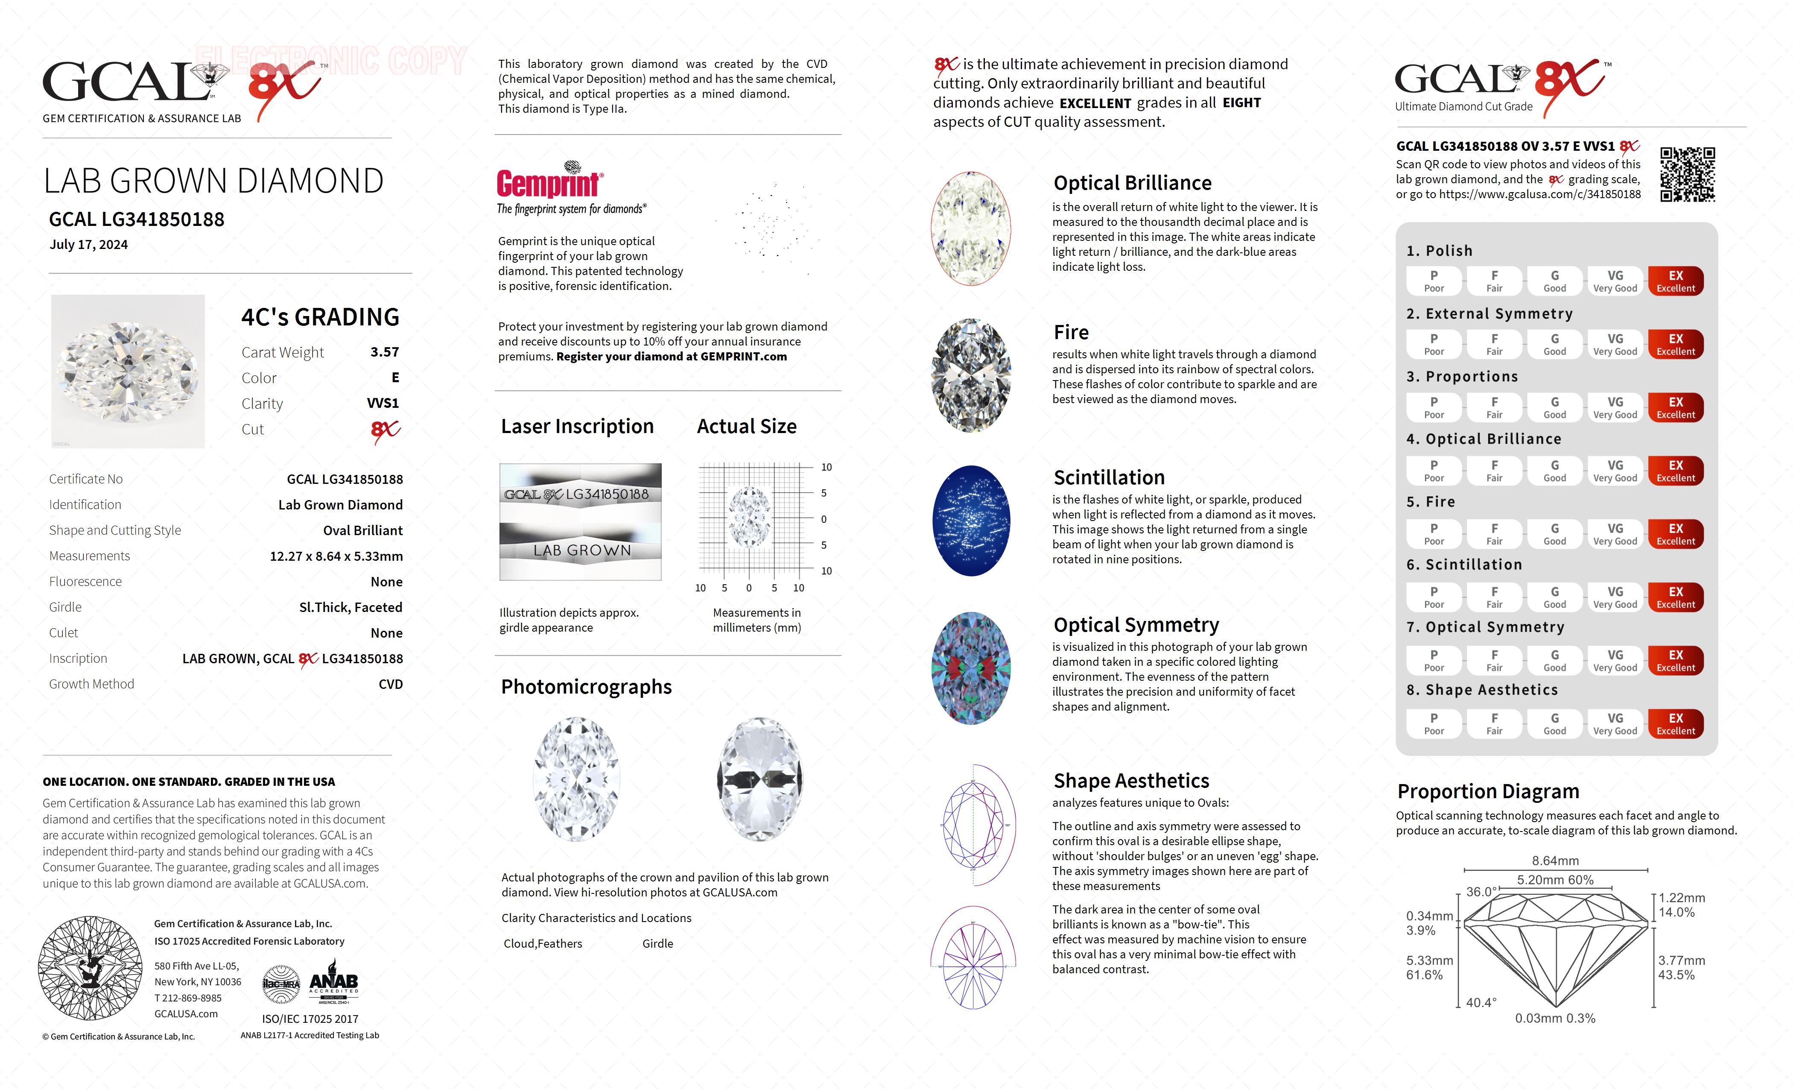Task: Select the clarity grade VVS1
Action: pos(383,403)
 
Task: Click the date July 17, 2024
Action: pos(89,245)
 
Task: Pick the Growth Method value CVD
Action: pos(390,684)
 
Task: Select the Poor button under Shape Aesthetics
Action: pos(1434,723)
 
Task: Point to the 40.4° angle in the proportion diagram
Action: pos(1481,1002)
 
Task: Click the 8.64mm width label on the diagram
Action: pos(1555,861)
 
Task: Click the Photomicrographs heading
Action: pos(586,686)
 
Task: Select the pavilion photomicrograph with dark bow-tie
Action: pos(760,779)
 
